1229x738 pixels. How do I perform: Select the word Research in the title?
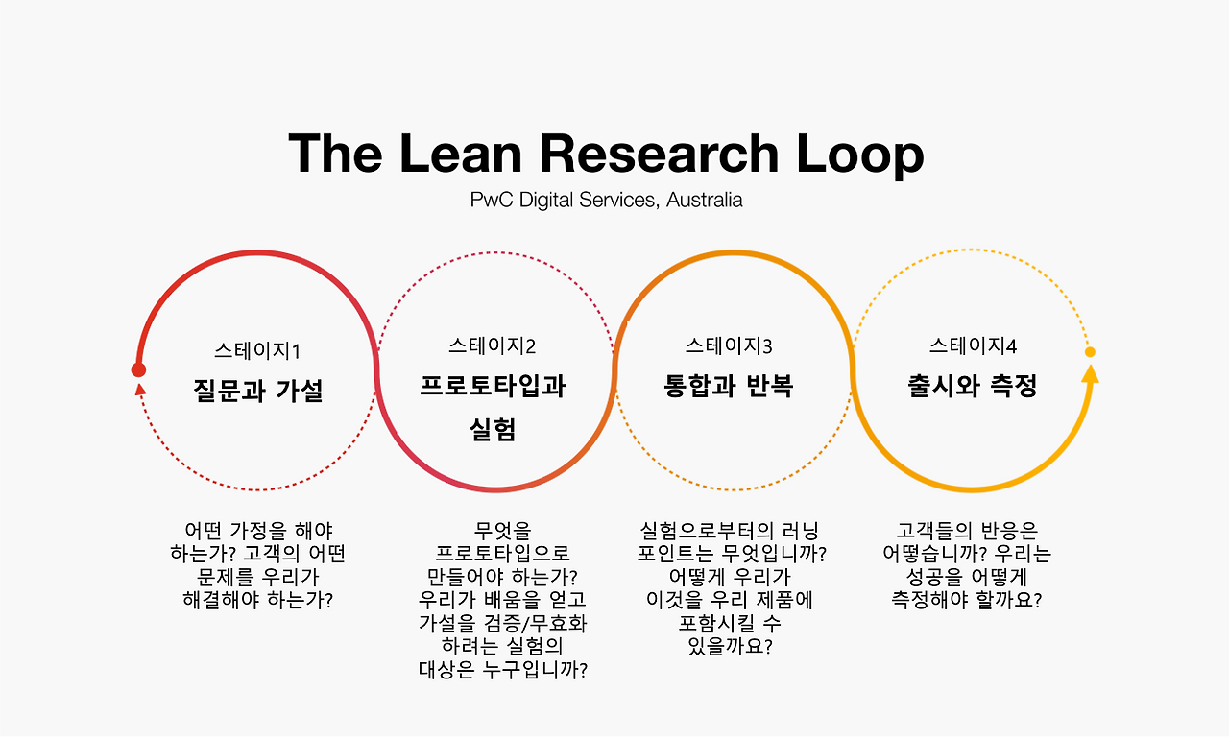(x=658, y=154)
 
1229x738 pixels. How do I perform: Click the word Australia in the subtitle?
(x=705, y=201)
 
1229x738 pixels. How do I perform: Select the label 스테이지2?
(x=493, y=346)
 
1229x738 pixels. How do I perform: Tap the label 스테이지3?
(x=729, y=346)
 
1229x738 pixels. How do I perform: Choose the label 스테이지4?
(x=973, y=346)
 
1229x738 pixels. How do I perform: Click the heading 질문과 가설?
(x=257, y=391)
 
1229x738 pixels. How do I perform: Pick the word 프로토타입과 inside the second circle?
(x=493, y=386)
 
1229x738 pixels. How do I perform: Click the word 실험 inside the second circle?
(x=493, y=429)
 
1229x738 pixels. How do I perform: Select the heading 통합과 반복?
(x=729, y=386)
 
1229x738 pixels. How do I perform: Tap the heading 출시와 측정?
(x=973, y=386)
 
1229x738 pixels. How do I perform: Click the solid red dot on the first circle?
(x=138, y=370)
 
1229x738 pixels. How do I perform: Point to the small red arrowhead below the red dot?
(x=140, y=389)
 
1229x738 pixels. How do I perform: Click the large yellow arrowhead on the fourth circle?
(x=1090, y=372)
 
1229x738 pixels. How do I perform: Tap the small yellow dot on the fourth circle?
(x=1090, y=352)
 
